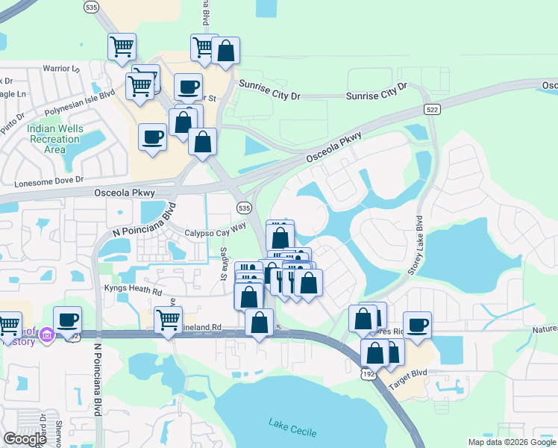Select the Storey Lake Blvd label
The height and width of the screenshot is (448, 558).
pyautogui.click(x=415, y=247)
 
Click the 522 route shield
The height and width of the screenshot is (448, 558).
pyautogui.click(x=431, y=109)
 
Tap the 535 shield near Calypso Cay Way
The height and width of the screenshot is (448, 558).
pyautogui.click(x=242, y=208)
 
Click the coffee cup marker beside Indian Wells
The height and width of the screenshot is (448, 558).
pyautogui.click(x=153, y=137)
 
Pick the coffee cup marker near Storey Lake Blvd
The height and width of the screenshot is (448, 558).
pyautogui.click(x=417, y=324)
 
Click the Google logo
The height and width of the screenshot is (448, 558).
pyautogui.click(x=25, y=439)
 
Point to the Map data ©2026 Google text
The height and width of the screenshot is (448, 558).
pyautogui.click(x=511, y=442)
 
